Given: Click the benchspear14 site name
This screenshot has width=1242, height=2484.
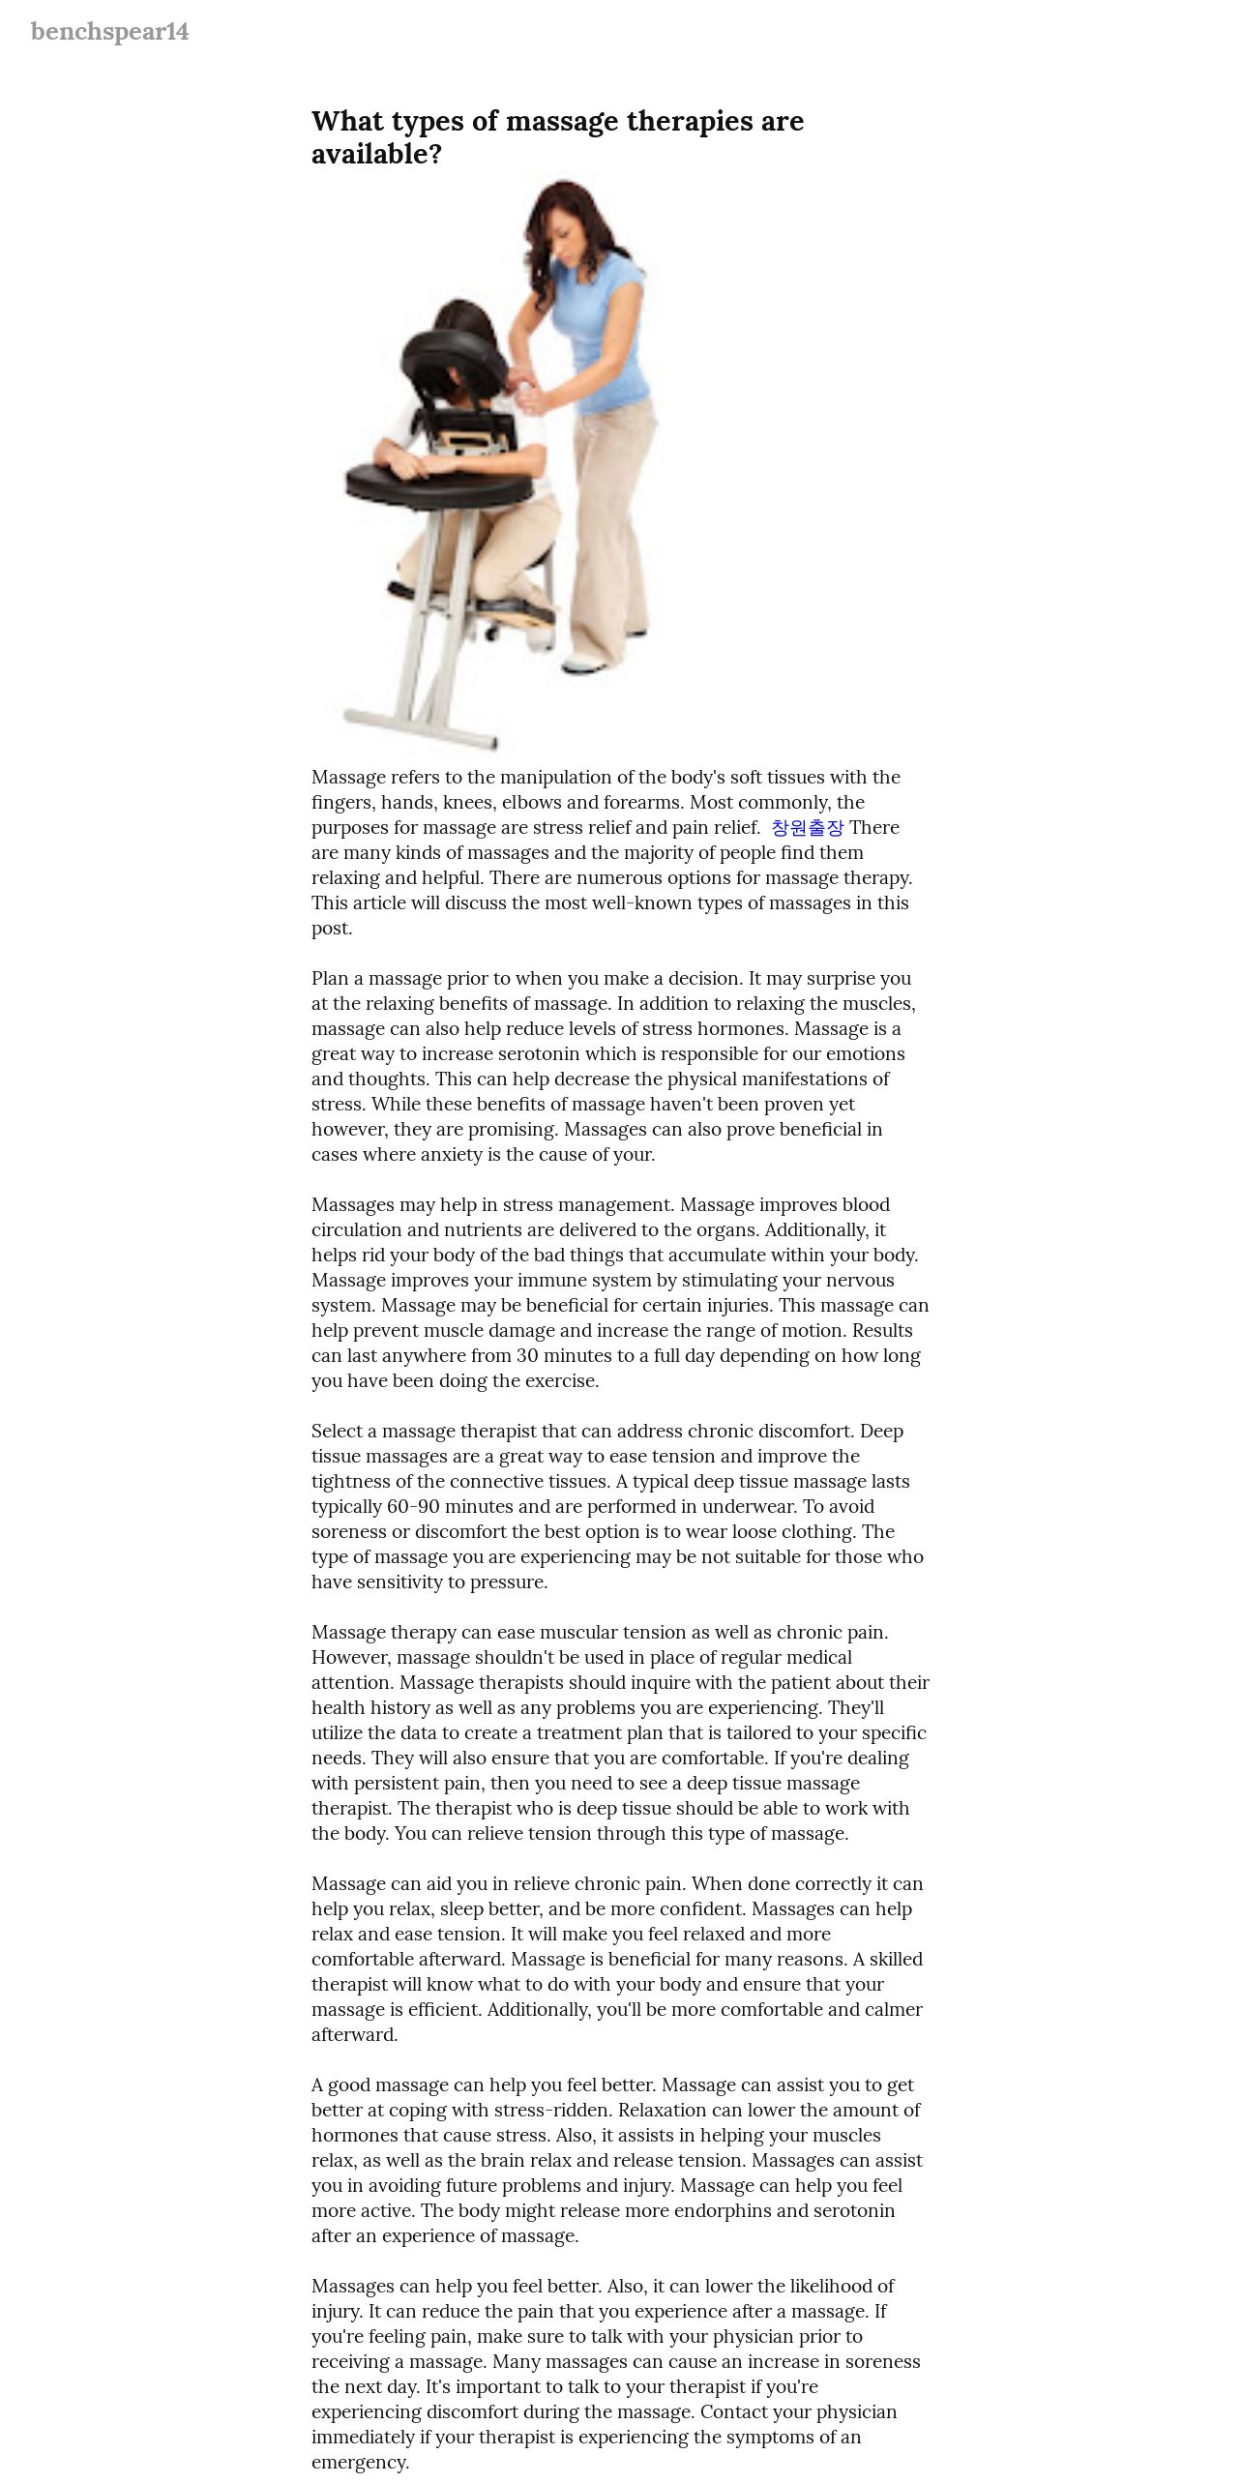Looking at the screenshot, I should coord(109,32).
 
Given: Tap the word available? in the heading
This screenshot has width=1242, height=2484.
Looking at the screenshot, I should coord(376,155).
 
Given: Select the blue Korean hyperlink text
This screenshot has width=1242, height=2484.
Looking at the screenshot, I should coord(807,828).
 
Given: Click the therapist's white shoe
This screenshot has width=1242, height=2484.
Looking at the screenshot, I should coord(586,665).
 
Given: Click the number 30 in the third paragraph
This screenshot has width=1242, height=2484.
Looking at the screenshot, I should coord(527,1356).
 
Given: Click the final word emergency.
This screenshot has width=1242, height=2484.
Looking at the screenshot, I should coord(359,2463).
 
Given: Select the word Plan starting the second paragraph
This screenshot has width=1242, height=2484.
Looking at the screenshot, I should coord(330,979).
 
